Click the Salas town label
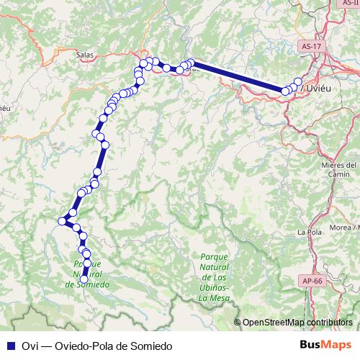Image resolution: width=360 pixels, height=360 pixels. [84, 53]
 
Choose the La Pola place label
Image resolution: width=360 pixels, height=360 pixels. [309, 232]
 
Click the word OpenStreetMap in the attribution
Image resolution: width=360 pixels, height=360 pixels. [274, 322]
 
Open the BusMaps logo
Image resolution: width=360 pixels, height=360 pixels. [323, 345]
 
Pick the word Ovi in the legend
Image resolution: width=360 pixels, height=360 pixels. [30, 345]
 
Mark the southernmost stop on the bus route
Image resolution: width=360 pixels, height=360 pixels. [84, 279]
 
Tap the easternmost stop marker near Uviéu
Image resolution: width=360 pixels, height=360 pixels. [299, 81]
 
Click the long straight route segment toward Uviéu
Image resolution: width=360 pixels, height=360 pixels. [238, 76]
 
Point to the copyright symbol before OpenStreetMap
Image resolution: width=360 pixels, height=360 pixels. [238, 322]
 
